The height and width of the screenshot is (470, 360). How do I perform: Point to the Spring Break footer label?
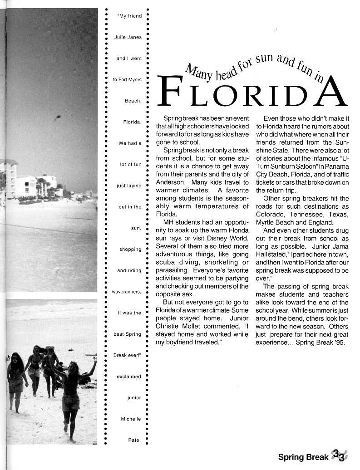(x=303, y=457)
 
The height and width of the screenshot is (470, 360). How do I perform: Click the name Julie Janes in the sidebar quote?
(x=128, y=37)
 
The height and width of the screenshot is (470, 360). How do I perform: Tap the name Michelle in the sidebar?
(x=131, y=419)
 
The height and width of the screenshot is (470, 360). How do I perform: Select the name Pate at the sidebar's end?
(x=134, y=441)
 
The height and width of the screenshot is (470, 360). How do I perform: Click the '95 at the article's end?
(x=339, y=343)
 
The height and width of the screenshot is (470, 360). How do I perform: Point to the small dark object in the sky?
(x=58, y=118)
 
